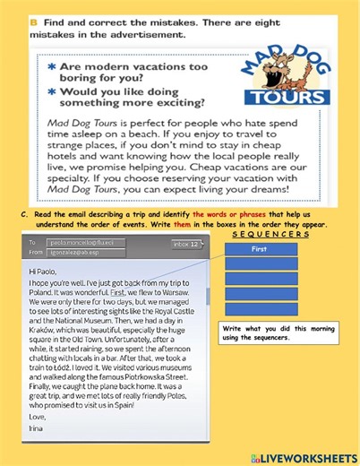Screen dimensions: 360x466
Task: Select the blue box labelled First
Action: [259, 249]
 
